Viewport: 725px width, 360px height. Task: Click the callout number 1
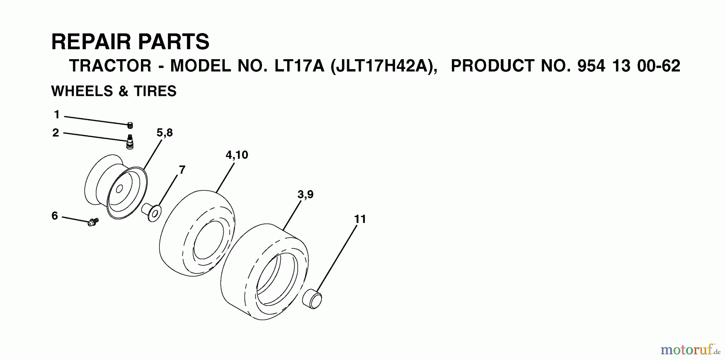click(x=57, y=115)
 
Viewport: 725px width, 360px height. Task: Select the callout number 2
click(x=56, y=132)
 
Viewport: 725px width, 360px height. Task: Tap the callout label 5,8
click(x=165, y=133)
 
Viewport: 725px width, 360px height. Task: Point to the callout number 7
click(x=182, y=170)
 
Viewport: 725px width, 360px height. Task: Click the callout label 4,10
click(x=237, y=155)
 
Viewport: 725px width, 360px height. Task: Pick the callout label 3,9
click(x=305, y=194)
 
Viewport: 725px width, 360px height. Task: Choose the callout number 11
click(x=360, y=219)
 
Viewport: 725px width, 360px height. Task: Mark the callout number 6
click(x=55, y=216)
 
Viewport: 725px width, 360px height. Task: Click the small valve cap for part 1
click(x=130, y=125)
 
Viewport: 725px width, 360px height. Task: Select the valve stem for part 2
click(x=130, y=142)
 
